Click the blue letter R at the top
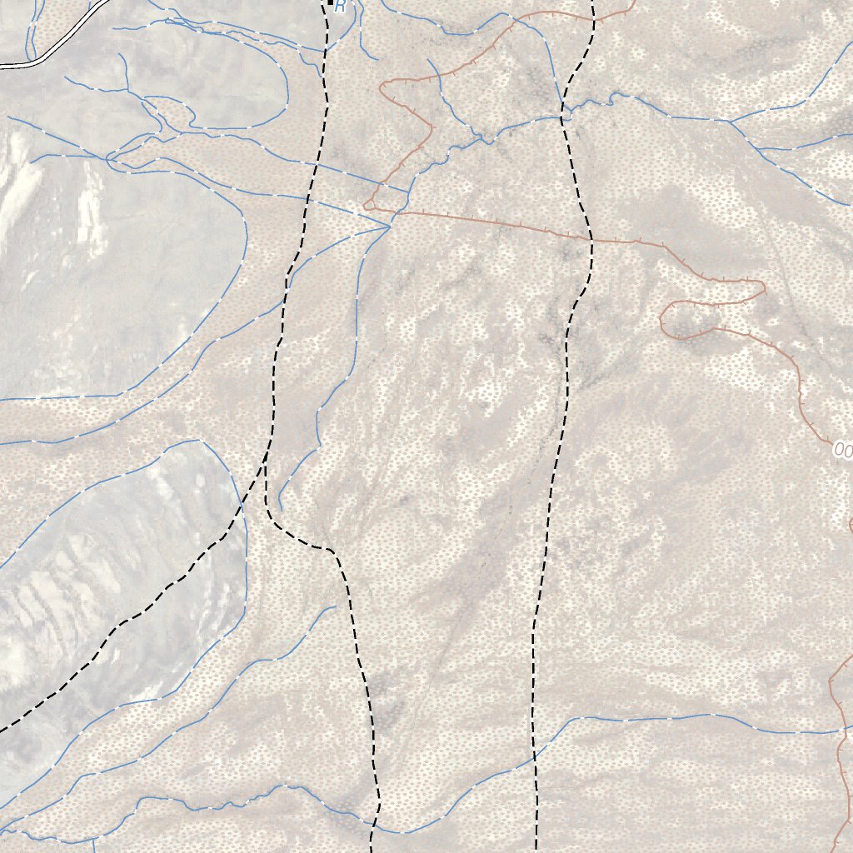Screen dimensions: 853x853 point(340,7)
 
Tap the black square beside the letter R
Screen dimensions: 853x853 point(330,3)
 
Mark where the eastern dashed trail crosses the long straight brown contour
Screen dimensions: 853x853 point(591,241)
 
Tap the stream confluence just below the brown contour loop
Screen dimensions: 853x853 point(390,224)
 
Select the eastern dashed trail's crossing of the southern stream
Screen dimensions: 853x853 point(534,757)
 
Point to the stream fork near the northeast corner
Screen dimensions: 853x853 point(730,122)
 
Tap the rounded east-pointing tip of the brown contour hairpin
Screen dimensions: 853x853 point(762,290)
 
